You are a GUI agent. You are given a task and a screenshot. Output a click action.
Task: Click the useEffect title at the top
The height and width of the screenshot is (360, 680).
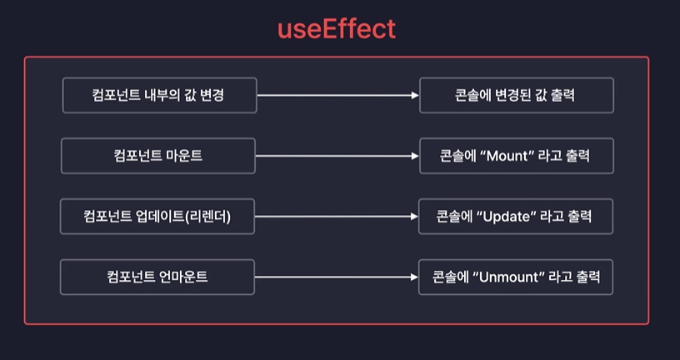tap(337, 30)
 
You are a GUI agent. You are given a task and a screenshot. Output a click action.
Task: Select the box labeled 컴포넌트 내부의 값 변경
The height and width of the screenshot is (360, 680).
tap(158, 95)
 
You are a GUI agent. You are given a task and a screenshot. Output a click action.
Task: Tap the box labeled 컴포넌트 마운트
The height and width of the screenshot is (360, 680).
tap(157, 156)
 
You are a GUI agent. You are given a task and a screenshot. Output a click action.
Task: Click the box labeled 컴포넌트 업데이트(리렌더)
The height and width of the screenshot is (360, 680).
tap(157, 216)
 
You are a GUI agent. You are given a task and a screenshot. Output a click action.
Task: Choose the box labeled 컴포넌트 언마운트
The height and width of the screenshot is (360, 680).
tap(157, 277)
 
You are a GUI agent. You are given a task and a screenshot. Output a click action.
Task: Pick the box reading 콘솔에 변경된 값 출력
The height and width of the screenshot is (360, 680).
tap(516, 95)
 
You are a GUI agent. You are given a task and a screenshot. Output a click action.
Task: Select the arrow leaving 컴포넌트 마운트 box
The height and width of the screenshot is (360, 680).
tap(336, 156)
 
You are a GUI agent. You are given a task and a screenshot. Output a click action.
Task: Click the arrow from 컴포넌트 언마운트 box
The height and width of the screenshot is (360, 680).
tap(336, 277)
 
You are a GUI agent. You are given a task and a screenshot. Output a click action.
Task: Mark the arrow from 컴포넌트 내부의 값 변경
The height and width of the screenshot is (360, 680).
tap(337, 95)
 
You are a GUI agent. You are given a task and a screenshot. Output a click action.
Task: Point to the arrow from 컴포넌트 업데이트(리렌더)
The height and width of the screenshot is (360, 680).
tap(336, 216)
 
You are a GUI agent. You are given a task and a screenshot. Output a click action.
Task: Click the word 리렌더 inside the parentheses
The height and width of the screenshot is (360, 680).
tap(207, 217)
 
